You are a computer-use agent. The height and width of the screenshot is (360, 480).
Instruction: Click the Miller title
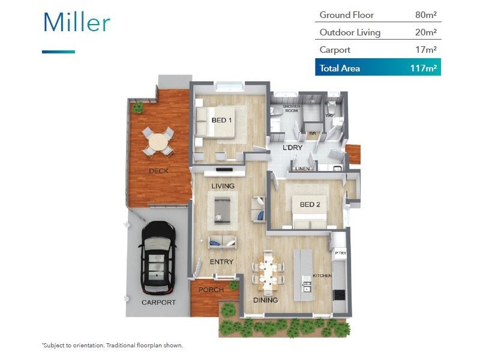76,22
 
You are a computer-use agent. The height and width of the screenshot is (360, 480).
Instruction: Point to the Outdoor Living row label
350,32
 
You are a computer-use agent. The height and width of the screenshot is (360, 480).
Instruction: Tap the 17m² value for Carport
425,50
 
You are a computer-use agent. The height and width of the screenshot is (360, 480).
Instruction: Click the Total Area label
340,68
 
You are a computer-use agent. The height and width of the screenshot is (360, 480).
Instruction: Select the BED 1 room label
222,120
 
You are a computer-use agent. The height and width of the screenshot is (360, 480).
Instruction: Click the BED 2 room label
310,205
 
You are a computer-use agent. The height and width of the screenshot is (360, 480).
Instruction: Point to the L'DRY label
292,148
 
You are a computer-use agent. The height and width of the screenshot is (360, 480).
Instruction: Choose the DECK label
158,171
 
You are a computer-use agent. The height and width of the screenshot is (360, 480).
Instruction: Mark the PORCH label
211,290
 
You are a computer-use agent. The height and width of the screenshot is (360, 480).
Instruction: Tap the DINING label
265,300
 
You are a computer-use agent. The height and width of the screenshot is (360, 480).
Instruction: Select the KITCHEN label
322,276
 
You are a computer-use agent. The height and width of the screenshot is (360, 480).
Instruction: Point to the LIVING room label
222,186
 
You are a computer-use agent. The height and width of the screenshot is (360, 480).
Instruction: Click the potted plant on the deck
138,107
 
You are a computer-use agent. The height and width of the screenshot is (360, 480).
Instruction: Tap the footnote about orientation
112,346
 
